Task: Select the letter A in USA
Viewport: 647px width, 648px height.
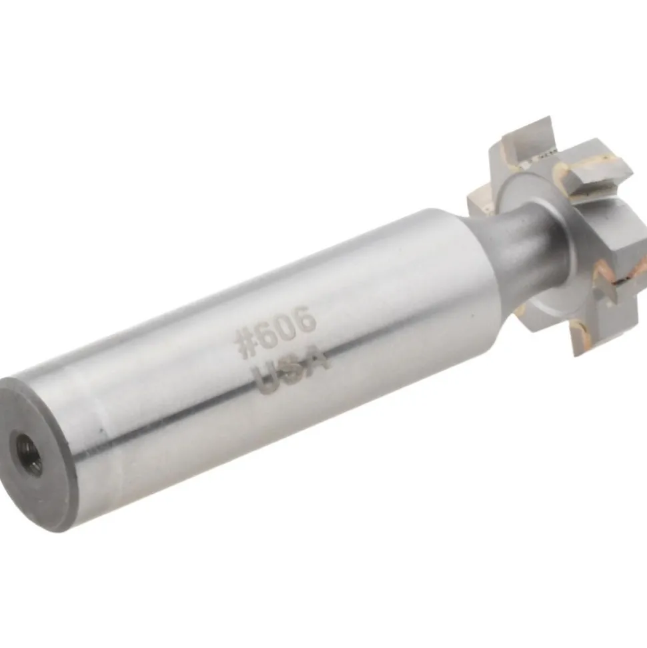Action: (316, 360)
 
